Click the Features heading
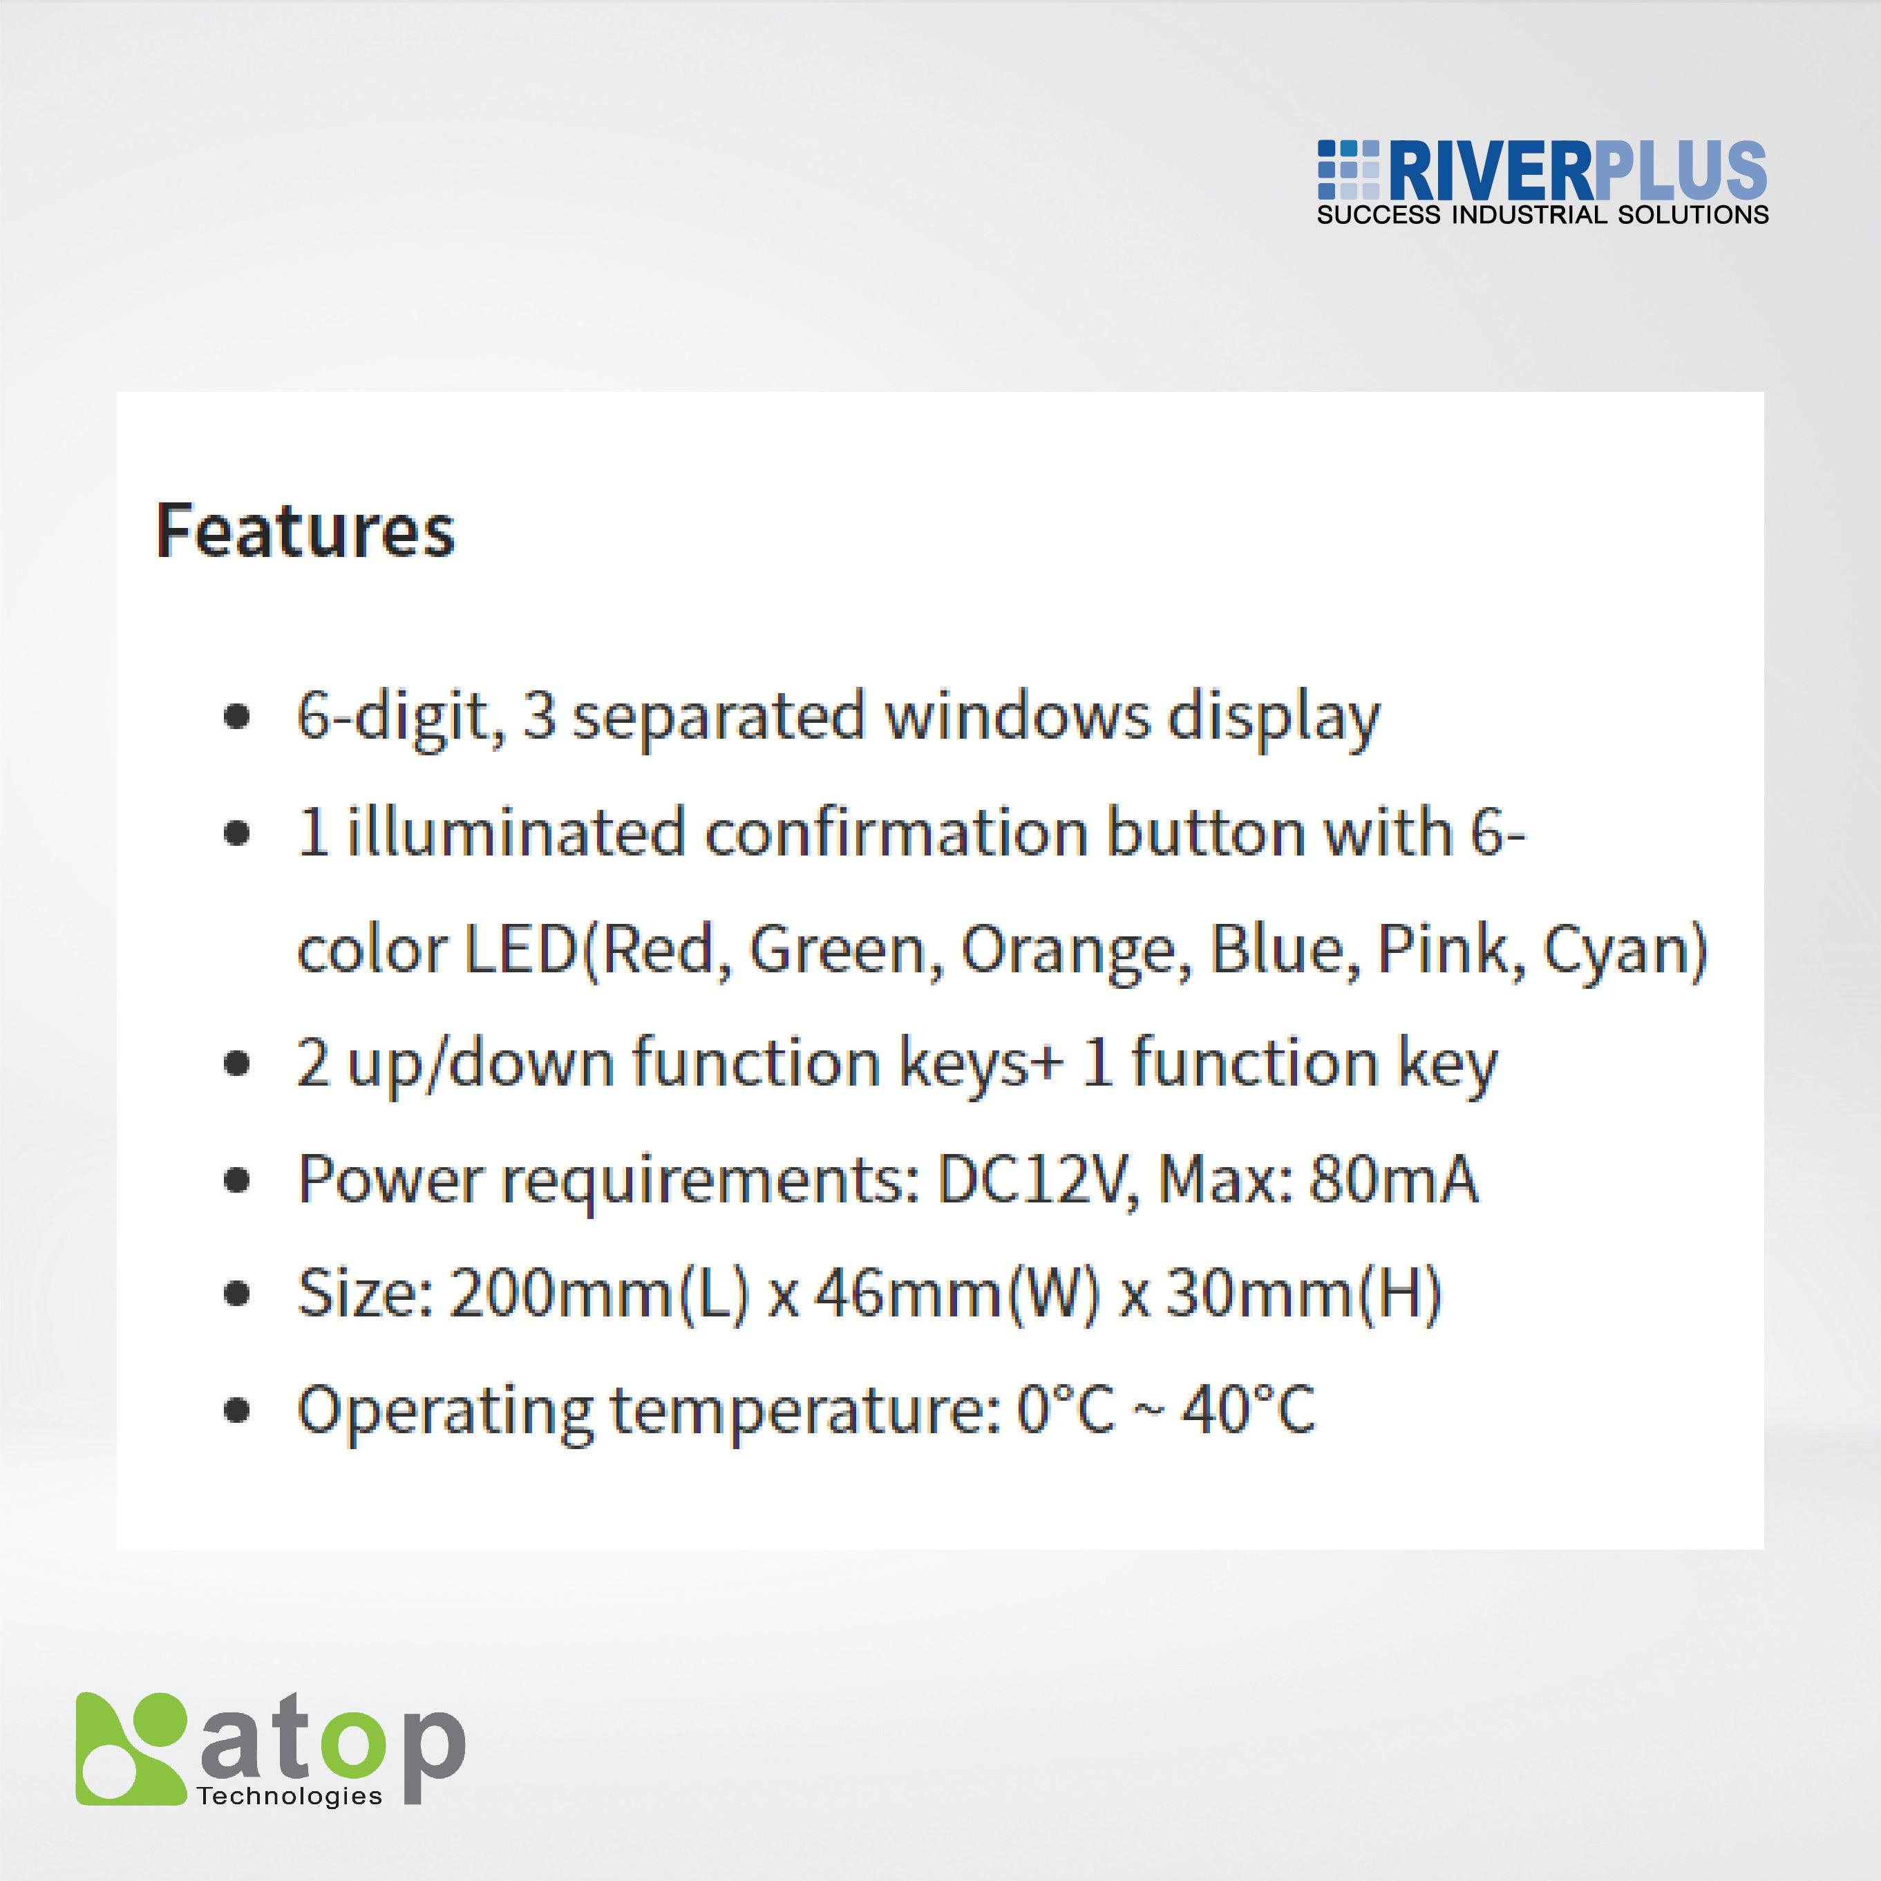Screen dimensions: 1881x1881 point(305,531)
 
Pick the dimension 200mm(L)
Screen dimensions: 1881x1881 point(598,1295)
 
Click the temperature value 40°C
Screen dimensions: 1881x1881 point(1248,1409)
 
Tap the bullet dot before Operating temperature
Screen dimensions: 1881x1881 point(236,1411)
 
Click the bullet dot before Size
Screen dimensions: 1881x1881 point(236,1296)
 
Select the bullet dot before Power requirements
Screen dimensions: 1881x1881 point(236,1181)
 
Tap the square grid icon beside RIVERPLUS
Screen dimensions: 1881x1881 point(1348,171)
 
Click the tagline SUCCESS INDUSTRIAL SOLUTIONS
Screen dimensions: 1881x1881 point(1542,215)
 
